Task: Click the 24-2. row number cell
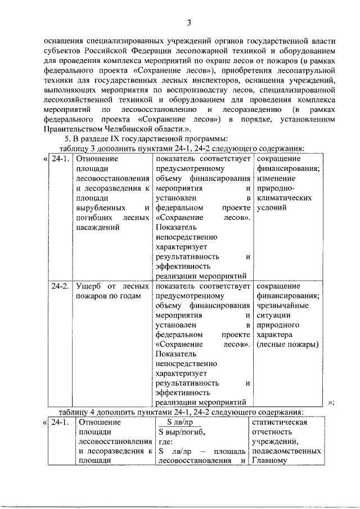[60, 286]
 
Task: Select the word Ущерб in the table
[89, 286]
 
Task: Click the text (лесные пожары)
[287, 344]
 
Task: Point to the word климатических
[283, 197]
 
